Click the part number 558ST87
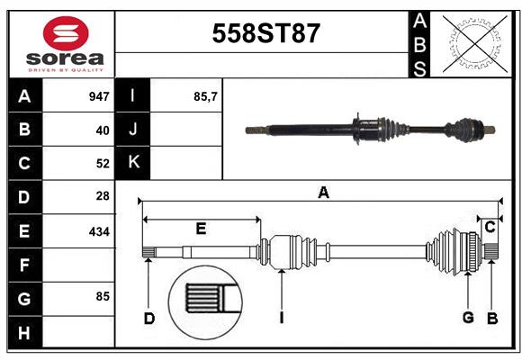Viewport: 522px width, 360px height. coord(265,34)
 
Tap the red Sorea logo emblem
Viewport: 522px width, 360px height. coord(66,36)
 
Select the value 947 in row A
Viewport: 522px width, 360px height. coord(99,95)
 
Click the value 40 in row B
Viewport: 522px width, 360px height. coord(102,130)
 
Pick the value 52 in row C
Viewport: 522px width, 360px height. coord(102,164)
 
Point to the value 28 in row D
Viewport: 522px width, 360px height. coord(102,196)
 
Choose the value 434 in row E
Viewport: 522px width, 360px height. coord(99,231)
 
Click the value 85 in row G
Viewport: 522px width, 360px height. coord(102,296)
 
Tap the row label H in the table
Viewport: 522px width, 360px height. coord(24,333)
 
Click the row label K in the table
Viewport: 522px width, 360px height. coord(133,163)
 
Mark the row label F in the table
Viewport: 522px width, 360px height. coord(24,265)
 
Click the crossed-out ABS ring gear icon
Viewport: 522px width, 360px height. coord(472,43)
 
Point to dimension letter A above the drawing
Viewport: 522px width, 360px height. coord(323,192)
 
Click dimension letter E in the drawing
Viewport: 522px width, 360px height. coord(201,229)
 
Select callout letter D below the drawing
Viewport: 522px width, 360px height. coord(149,318)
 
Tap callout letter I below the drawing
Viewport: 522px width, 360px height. coord(283,318)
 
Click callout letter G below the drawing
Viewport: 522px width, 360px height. coord(468,318)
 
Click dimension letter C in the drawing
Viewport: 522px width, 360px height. coord(490,228)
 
